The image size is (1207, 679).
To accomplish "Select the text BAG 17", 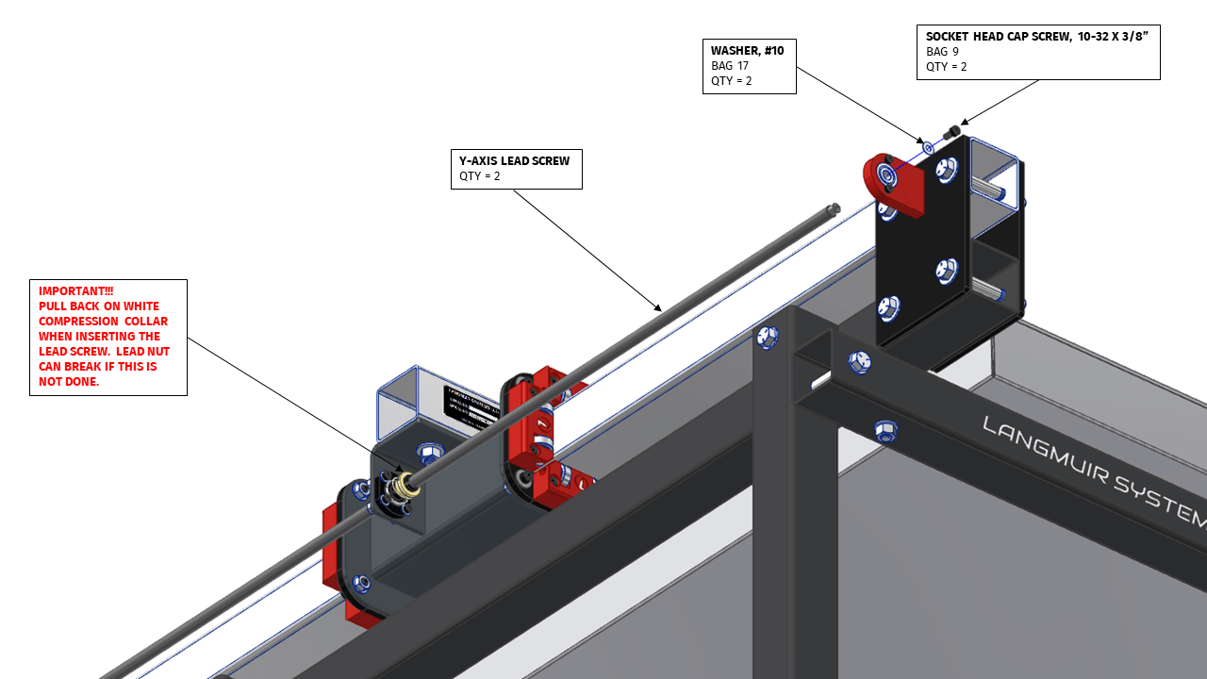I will [729, 66].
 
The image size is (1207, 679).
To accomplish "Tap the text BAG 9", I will [942, 52].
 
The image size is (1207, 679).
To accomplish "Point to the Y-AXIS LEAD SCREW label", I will [514, 161].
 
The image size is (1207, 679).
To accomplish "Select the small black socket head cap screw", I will [952, 132].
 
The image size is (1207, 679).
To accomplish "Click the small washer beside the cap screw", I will [928, 147].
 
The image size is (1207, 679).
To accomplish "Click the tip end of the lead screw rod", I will [834, 208].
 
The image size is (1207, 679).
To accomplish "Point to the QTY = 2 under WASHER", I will [732, 81].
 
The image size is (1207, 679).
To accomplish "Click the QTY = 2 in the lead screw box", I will [479, 176].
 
